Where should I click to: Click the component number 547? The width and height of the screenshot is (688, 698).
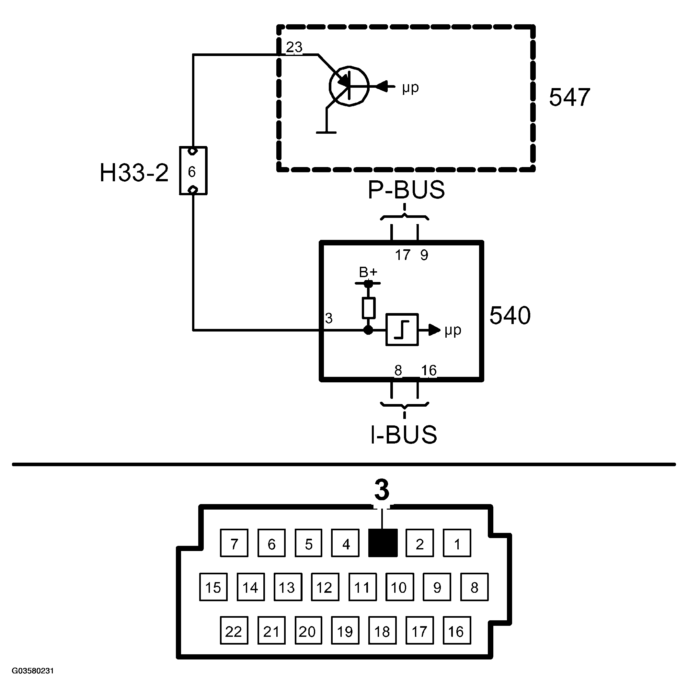[x=569, y=97]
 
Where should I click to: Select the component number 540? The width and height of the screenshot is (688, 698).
[x=510, y=315]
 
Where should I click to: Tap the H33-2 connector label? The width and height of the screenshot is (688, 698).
[x=134, y=173]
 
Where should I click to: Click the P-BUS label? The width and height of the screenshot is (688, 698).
[x=406, y=190]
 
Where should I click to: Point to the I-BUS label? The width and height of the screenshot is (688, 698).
[x=404, y=434]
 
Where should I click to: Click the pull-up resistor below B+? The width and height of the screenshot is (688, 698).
[x=369, y=308]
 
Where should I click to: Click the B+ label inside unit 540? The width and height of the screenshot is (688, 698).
[x=368, y=272]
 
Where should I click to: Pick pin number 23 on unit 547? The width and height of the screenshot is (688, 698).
[x=294, y=47]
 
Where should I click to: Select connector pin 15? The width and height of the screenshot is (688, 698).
[x=213, y=587]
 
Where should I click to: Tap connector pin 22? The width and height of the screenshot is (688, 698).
[x=234, y=630]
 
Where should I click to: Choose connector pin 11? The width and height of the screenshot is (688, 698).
[x=362, y=587]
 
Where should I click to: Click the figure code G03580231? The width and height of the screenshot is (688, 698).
[x=33, y=671]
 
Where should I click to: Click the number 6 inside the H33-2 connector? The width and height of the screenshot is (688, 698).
[x=192, y=172]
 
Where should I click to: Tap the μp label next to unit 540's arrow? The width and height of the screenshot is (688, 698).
[x=453, y=331]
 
